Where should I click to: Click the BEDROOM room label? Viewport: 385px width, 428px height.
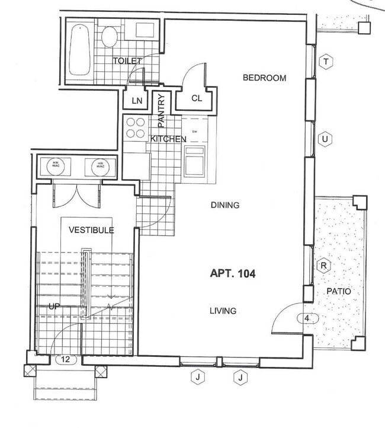264,78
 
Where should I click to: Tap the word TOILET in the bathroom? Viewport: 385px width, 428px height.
127,61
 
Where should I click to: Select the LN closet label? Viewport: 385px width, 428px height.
137,101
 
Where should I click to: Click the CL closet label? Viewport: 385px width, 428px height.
197,99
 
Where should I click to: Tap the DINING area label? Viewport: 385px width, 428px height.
225,205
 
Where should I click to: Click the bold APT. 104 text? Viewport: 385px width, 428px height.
234,273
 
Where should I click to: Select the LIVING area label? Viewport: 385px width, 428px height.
223,311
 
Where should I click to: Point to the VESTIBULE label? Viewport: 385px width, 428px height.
91,230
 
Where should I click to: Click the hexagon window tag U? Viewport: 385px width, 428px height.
324,139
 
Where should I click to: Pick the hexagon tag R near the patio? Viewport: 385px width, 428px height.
323,266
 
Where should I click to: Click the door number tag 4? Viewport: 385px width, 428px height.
306,319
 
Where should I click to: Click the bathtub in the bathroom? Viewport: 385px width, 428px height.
79,50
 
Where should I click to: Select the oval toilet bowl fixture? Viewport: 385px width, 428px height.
108,37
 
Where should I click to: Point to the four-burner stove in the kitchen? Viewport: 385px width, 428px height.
136,127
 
